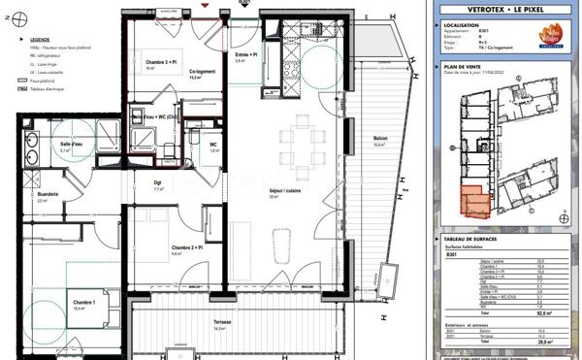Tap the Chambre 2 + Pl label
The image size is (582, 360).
(x=185, y=248)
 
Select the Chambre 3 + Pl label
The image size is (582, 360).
(x=161, y=62)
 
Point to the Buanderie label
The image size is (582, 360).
(x=48, y=195)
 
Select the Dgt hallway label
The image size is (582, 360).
(x=157, y=183)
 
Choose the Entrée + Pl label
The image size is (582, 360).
(x=246, y=54)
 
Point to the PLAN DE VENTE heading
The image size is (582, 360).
(x=462, y=67)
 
